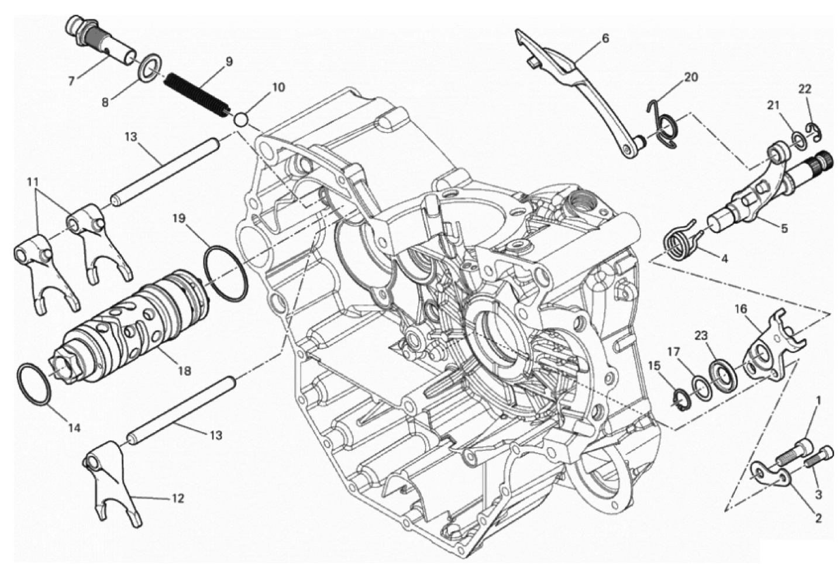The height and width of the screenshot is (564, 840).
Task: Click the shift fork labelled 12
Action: coord(112,484)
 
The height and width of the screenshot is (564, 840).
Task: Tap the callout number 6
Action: coord(605,39)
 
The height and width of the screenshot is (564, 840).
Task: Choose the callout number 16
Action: coord(741,310)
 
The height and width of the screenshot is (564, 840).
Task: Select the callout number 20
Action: coord(691,78)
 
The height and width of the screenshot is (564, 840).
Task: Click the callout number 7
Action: coord(71,81)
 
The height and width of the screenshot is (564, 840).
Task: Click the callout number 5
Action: coord(784,228)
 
